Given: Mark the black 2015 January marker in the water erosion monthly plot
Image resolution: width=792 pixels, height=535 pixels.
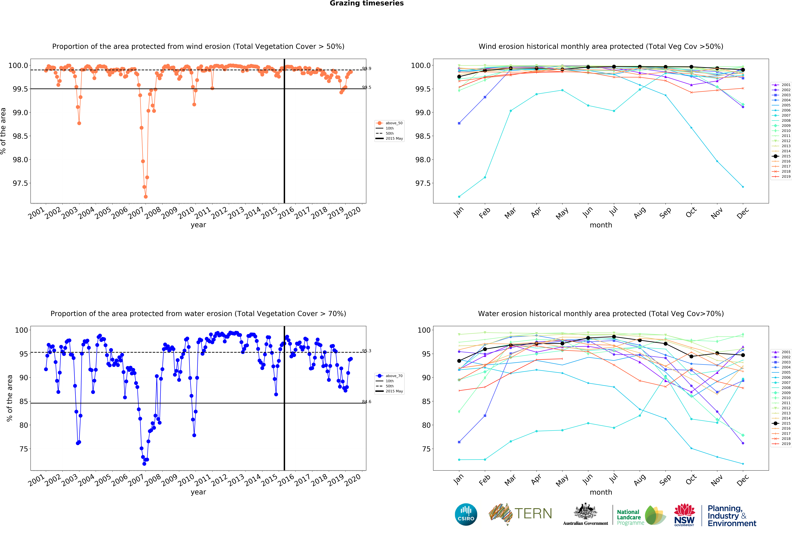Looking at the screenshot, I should pos(459,361).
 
